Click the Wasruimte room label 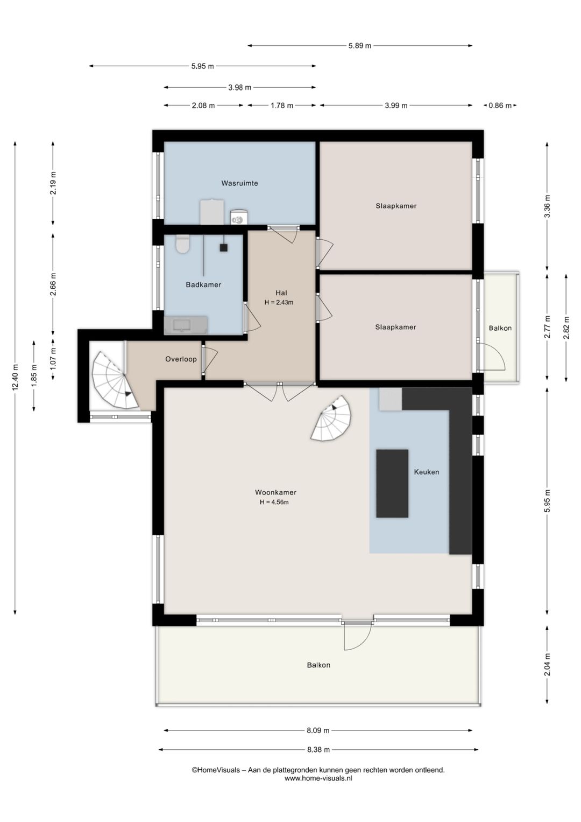[239, 183]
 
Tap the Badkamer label [203, 284]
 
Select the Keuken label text [426, 472]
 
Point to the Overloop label [181, 359]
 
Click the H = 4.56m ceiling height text [274, 502]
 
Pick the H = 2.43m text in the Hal [279, 302]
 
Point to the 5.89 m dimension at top [359, 45]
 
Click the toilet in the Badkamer [182, 244]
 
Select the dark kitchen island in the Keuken [392, 483]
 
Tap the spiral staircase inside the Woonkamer [331, 419]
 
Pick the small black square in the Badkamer [224, 248]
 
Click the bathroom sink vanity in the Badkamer [186, 325]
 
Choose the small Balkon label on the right [500, 328]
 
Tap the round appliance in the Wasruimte [239, 217]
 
